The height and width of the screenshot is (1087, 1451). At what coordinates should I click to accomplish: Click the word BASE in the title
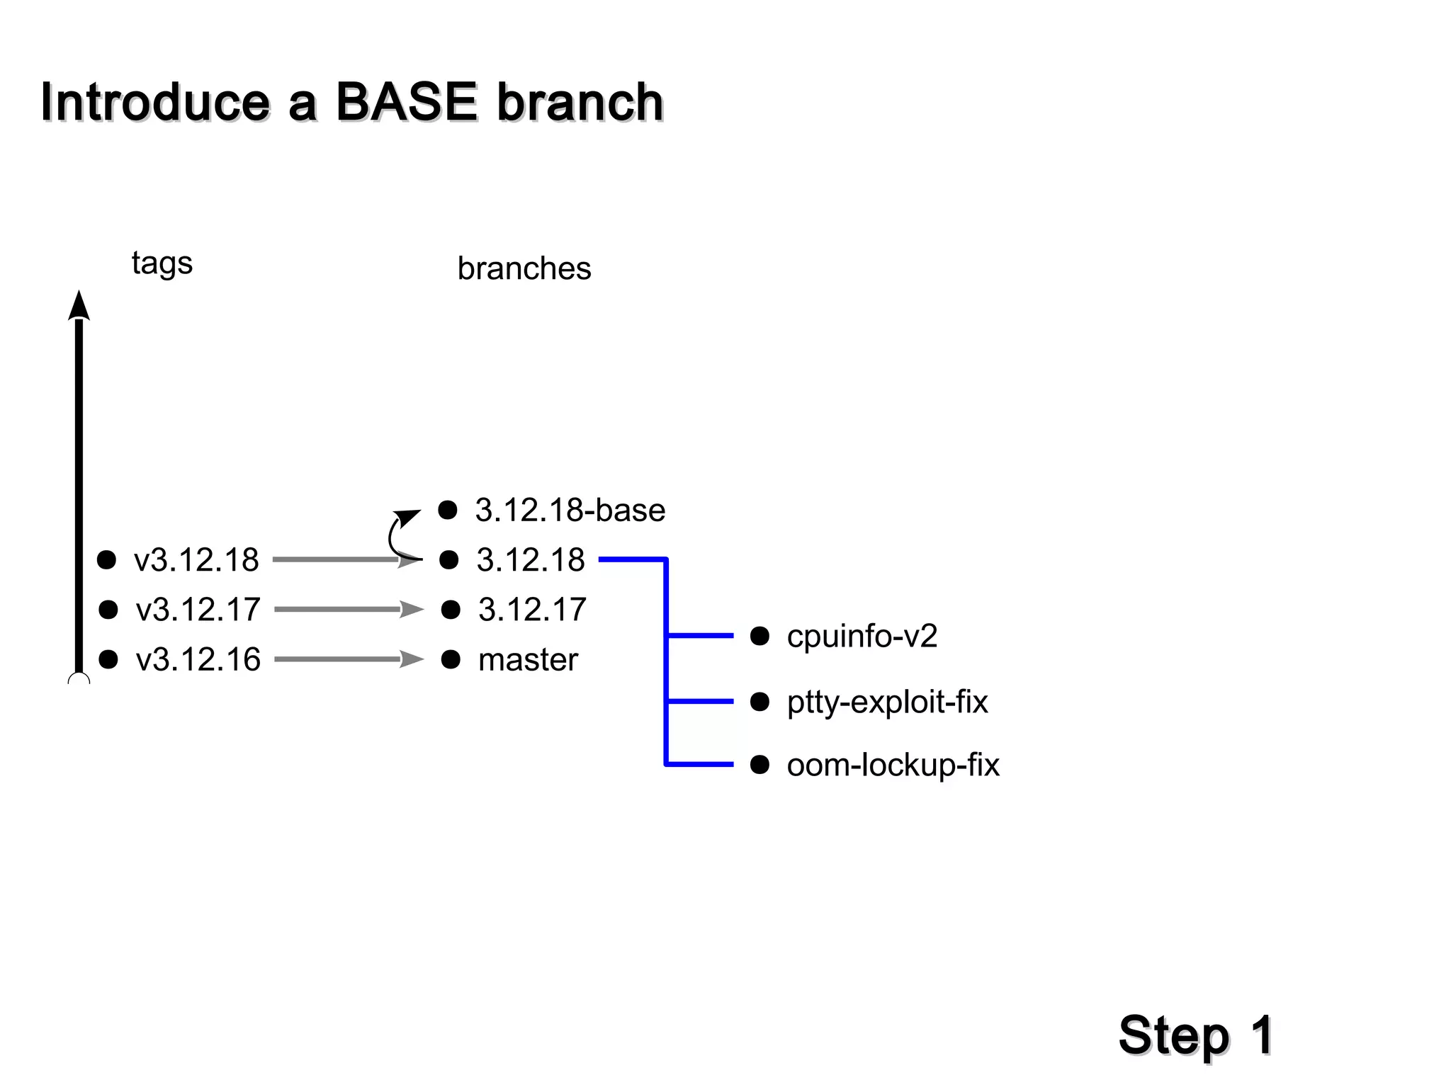pos(406,102)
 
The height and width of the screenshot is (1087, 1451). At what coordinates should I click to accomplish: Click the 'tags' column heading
pos(162,263)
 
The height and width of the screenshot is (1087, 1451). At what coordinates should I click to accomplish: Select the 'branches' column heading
pos(524,269)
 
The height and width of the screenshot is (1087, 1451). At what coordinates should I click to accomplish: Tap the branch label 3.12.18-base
pos(570,511)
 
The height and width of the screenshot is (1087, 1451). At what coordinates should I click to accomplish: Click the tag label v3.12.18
pos(196,560)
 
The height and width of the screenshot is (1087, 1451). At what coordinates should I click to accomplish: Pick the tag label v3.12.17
pos(198,610)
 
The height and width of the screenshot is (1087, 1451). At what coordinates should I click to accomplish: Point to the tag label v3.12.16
pos(198,660)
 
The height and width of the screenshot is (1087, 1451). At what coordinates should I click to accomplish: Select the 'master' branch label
pos(528,660)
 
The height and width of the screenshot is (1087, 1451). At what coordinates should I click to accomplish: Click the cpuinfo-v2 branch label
pos(862,636)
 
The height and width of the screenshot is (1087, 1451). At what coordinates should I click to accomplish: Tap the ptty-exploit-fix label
pos(887,702)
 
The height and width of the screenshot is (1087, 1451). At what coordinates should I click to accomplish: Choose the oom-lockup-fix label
pos(893,765)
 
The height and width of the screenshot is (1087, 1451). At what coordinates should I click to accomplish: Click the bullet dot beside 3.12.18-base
pos(448,510)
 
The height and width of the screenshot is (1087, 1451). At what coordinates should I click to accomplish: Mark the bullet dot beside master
pos(451,660)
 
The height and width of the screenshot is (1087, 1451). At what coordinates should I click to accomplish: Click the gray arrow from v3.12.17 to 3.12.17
pos(347,610)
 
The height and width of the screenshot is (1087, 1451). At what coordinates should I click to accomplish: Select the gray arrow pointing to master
pos(347,660)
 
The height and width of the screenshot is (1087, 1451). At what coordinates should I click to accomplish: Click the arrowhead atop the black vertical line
pos(79,306)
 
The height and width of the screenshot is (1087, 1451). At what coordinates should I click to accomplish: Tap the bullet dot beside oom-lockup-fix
pos(760,765)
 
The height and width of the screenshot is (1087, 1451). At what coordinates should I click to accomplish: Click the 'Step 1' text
pos(1195,1035)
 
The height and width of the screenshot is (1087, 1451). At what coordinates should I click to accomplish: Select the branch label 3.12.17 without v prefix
pos(532,610)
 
